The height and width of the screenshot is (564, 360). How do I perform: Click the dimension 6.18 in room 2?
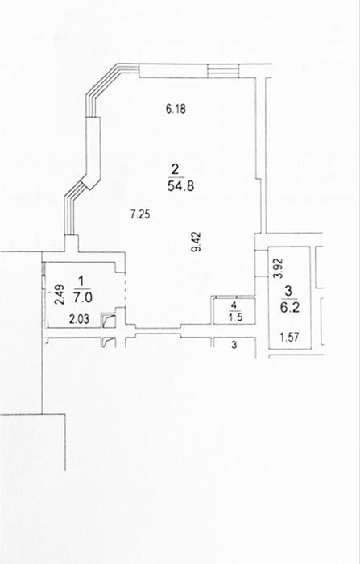click(x=176, y=109)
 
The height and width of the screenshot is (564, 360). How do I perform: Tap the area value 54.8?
click(x=181, y=186)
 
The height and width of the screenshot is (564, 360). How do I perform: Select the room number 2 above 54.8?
click(x=176, y=168)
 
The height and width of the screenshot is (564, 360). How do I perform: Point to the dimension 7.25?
click(x=140, y=215)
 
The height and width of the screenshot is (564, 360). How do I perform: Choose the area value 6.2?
click(x=290, y=308)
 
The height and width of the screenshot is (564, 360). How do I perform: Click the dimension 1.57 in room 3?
click(x=289, y=337)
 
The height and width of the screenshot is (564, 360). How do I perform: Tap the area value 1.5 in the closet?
click(x=234, y=317)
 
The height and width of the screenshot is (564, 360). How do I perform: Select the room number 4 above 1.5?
click(x=234, y=305)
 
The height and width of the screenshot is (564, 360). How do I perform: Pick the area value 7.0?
click(x=83, y=298)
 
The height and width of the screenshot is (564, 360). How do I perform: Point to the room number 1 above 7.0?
click(x=81, y=280)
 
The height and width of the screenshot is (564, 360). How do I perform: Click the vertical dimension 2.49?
click(x=60, y=295)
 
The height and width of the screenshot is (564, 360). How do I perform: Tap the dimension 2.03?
click(x=79, y=319)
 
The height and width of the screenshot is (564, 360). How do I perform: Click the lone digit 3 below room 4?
click(x=234, y=346)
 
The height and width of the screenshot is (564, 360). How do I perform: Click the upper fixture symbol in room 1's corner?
click(x=108, y=320)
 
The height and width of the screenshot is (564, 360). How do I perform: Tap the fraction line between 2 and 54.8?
click(x=176, y=177)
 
